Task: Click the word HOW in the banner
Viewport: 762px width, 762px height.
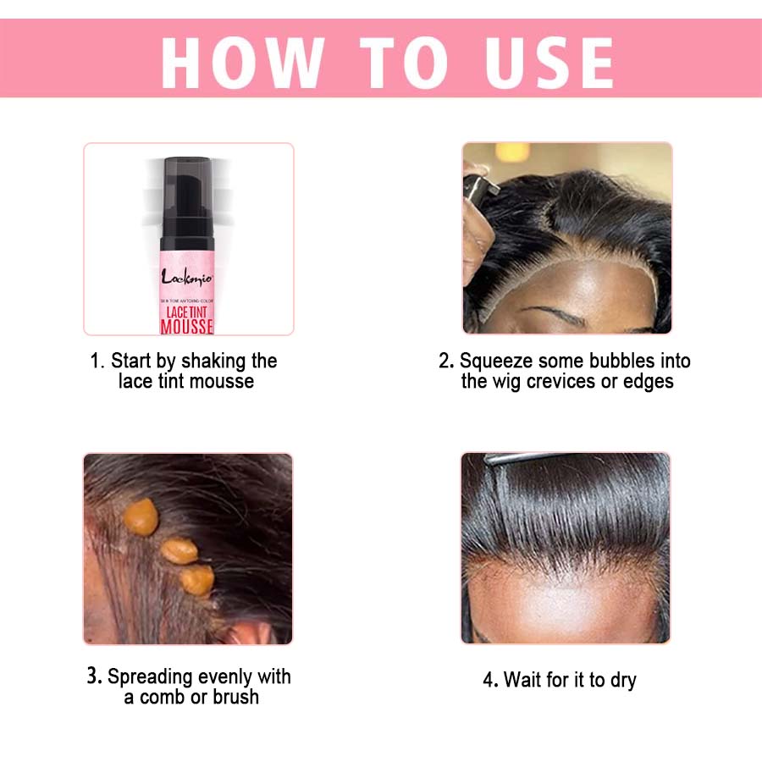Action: click(x=242, y=60)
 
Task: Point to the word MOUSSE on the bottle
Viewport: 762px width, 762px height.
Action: click(x=187, y=327)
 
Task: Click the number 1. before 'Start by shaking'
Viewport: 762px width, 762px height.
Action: click(x=97, y=362)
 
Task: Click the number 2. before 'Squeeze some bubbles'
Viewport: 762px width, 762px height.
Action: click(x=446, y=362)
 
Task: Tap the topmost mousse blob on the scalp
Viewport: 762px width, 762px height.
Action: click(x=141, y=516)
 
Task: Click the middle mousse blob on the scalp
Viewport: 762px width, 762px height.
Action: click(x=179, y=550)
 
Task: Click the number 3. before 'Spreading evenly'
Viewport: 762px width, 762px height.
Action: click(x=94, y=677)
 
